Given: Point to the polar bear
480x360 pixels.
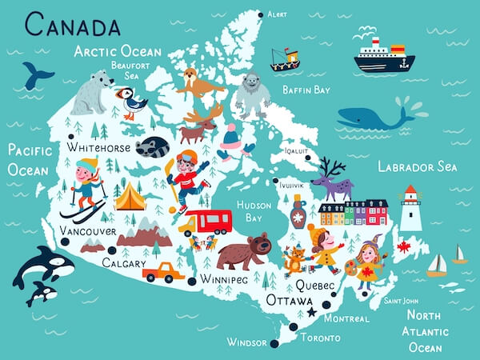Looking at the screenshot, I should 92,92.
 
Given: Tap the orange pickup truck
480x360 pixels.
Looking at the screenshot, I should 163,273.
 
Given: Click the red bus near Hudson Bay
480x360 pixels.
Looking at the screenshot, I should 206,221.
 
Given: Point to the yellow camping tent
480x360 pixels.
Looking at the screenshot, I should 130,196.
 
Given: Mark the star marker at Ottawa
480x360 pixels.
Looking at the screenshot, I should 311,312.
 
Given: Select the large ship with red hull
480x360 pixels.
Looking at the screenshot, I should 383,58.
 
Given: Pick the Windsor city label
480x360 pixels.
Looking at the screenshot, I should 246,342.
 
